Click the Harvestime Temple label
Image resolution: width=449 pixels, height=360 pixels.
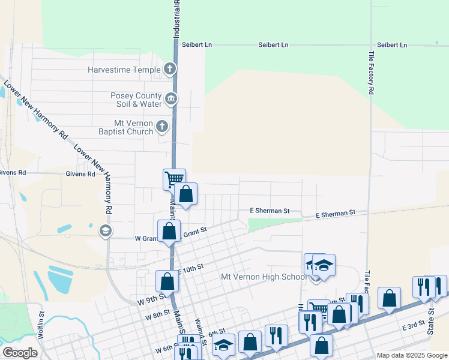pyautogui.click(x=124, y=70)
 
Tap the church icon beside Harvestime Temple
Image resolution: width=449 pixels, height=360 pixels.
pyautogui.click(x=170, y=69)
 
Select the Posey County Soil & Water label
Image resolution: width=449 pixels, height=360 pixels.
pyautogui.click(x=136, y=100)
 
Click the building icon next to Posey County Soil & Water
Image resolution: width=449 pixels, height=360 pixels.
pyautogui.click(x=170, y=98)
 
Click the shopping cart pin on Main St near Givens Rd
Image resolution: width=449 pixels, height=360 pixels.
pyautogui.click(x=173, y=179)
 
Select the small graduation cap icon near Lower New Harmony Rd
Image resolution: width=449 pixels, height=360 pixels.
pyautogui.click(x=106, y=231)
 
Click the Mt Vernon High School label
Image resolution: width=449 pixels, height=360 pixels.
pyautogui.click(x=264, y=277)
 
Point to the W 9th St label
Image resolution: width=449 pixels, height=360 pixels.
pyautogui.click(x=151, y=298)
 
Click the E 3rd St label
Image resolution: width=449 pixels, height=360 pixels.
pyautogui.click(x=414, y=325)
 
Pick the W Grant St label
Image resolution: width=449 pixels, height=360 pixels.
pyautogui.click(x=146, y=238)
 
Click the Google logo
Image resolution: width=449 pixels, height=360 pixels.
pyautogui.click(x=20, y=353)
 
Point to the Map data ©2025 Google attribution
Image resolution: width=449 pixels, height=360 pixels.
pyautogui.click(x=411, y=355)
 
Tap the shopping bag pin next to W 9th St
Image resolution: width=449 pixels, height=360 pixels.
pyautogui.click(x=167, y=281)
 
